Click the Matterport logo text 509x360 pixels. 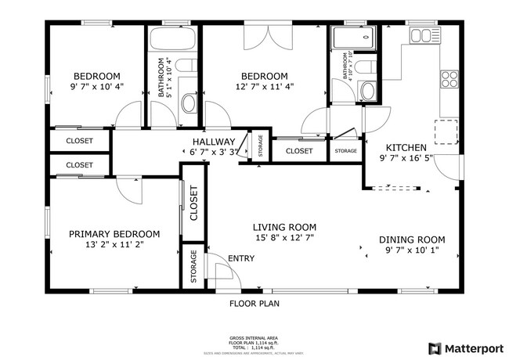[x=474, y=347]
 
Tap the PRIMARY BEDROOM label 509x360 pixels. [x=114, y=234]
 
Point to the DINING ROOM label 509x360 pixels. [x=412, y=239]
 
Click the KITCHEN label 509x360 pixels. [x=406, y=147]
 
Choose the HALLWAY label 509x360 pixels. [x=214, y=141]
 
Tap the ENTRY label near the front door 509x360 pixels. [x=240, y=258]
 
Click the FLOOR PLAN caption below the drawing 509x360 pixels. [x=254, y=304]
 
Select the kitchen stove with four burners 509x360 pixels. [x=449, y=78]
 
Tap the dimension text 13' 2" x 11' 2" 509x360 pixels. [x=114, y=244]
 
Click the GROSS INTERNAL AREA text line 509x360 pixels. [x=254, y=337]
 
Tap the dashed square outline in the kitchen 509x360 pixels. [x=446, y=132]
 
